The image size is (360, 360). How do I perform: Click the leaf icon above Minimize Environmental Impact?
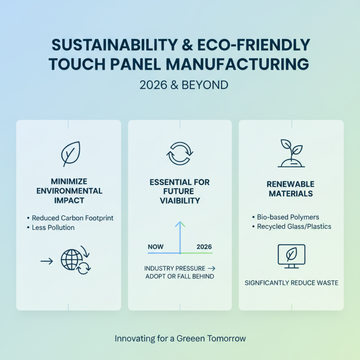pyautogui.click(x=70, y=154)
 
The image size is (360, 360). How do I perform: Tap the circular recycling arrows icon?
pyautogui.click(x=179, y=154)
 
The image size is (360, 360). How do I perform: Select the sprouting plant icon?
pyautogui.click(x=291, y=153)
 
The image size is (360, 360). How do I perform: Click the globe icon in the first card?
pyautogui.click(x=72, y=260)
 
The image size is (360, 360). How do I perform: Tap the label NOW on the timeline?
pyautogui.click(x=156, y=247)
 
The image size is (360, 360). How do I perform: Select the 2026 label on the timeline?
pyautogui.click(x=204, y=247)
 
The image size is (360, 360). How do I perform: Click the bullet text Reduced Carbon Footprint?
pyautogui.click(x=72, y=218)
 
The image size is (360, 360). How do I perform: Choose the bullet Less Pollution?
pyautogui.click(x=53, y=227)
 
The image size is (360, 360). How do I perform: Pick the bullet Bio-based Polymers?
pyautogui.click(x=288, y=217)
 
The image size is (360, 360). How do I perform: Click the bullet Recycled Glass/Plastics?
pyautogui.click(x=294, y=226)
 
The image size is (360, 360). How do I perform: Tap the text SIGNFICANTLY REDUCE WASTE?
pyautogui.click(x=291, y=283)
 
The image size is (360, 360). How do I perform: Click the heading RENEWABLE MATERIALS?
pyautogui.click(x=291, y=189)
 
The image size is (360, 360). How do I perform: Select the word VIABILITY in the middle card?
pyautogui.click(x=180, y=201)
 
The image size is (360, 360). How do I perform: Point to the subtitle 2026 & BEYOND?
pyautogui.click(x=180, y=85)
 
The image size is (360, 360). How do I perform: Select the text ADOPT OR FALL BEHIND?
pyautogui.click(x=180, y=276)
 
